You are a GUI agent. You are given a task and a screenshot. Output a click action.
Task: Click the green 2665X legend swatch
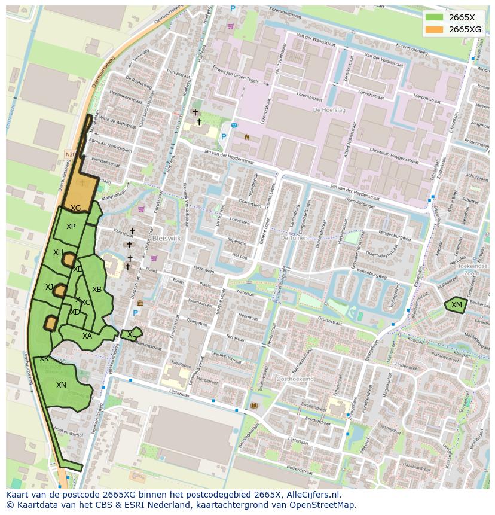click(x=435, y=17)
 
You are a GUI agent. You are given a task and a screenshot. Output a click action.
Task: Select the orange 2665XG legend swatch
click(x=435, y=29)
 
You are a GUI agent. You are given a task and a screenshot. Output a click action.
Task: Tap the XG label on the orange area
click(x=75, y=208)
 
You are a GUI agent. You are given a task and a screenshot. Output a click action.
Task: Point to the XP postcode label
click(x=71, y=227)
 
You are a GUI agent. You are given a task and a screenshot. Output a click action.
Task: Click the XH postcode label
click(x=58, y=252)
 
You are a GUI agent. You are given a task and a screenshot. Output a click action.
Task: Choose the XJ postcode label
click(x=50, y=287)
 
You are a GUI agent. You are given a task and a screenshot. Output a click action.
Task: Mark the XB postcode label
click(x=96, y=290)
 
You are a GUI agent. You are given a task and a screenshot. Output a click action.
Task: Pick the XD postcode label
click(x=75, y=312)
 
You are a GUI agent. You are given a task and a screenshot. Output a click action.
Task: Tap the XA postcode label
click(x=87, y=336)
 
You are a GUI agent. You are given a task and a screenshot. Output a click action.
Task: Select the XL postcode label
click(x=131, y=334)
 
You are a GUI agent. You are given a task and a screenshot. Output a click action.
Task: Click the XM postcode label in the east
click(x=457, y=305)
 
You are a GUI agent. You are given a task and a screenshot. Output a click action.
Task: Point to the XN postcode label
click(x=61, y=385)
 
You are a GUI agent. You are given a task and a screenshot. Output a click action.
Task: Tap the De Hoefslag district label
click(x=326, y=110)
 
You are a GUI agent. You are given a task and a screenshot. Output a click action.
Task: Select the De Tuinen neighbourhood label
click(x=293, y=237)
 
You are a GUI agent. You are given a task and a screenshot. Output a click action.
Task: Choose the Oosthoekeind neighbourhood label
click(x=295, y=379)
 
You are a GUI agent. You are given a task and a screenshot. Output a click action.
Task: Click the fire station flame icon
click(x=246, y=136)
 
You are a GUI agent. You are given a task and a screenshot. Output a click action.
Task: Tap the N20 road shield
click(x=70, y=154)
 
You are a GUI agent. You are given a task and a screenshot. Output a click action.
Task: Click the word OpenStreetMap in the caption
click(x=325, y=505)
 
